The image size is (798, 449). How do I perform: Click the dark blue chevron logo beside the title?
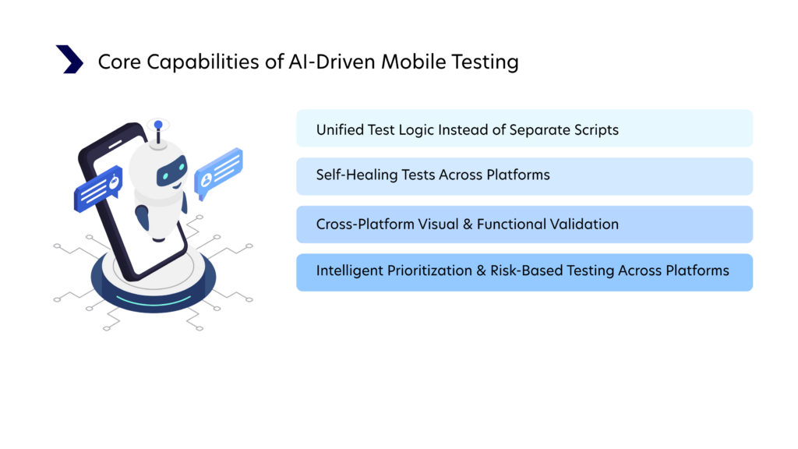(69, 59)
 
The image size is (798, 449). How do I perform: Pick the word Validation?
(581, 224)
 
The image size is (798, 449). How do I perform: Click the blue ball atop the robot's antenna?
(158, 125)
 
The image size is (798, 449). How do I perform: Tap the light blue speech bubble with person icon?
(218, 173)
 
